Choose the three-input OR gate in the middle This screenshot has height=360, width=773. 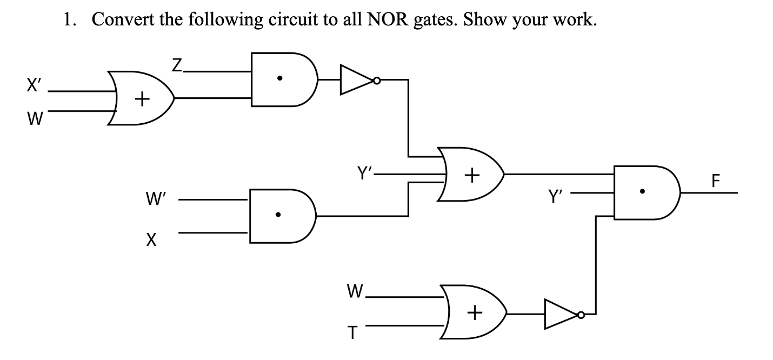[x=471, y=174]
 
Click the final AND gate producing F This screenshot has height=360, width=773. [x=643, y=192]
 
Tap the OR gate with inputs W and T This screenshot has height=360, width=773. [x=474, y=312]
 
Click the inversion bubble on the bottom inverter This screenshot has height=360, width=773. [x=581, y=314]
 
